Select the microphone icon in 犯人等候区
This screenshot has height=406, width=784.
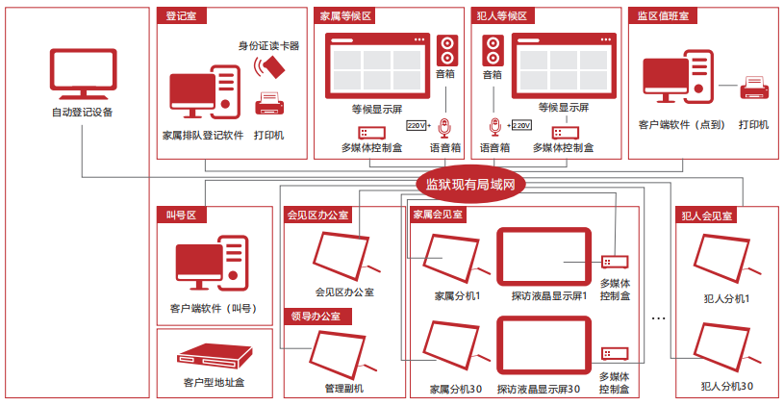point(494,126)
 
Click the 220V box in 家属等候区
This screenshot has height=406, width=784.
point(417,125)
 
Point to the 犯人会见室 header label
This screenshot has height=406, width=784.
point(707,216)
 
